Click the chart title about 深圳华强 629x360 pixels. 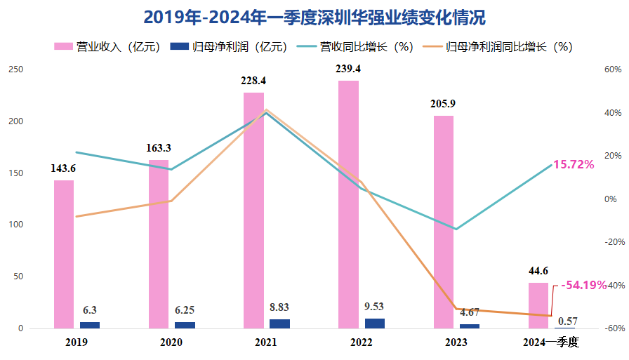314,18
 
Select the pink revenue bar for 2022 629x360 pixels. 348,204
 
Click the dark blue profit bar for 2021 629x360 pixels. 279,324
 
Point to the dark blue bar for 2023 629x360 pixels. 470,326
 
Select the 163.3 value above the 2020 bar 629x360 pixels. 159,148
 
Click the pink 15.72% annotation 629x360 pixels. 574,164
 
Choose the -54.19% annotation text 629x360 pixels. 583,285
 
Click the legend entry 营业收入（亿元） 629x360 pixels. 109,47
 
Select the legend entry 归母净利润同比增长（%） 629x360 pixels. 499,47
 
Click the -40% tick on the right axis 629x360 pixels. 613,285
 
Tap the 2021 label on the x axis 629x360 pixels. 266,342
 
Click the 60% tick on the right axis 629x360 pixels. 613,69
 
